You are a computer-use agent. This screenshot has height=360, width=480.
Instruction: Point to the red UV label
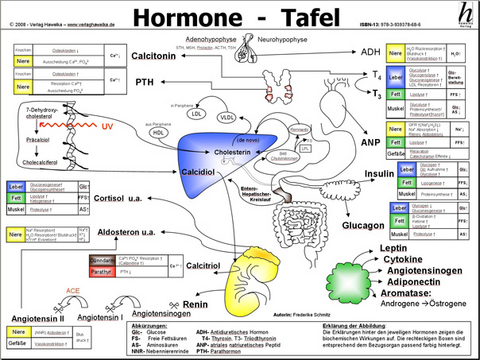106,128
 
